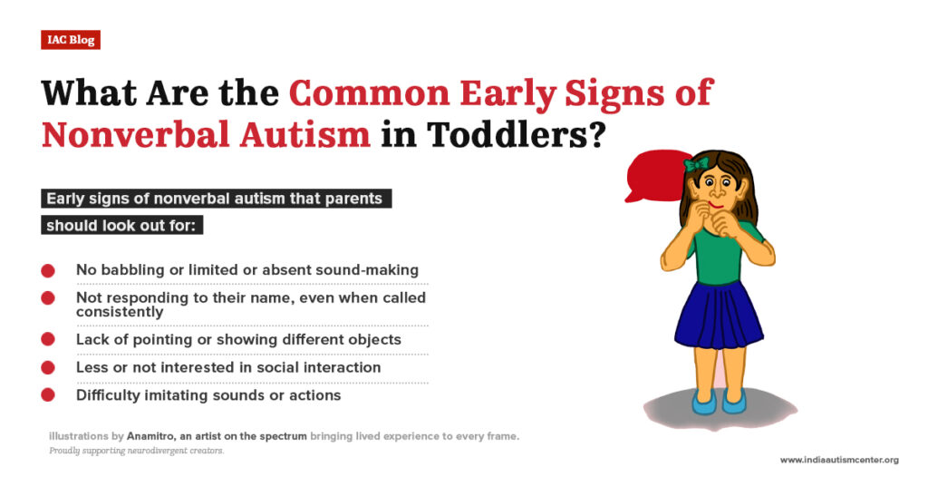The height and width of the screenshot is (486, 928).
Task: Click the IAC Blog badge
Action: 70,40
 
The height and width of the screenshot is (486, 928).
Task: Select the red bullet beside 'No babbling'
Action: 48,270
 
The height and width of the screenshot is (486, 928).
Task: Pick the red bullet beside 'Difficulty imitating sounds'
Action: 48,394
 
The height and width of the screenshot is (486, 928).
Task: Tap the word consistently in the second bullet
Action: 120,312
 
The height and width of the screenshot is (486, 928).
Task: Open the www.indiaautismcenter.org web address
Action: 839,460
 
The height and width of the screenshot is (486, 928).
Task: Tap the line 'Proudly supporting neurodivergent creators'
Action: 136,451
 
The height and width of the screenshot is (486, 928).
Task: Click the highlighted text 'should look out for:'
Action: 121,225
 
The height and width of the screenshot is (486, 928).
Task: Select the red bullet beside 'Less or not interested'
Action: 48,367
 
